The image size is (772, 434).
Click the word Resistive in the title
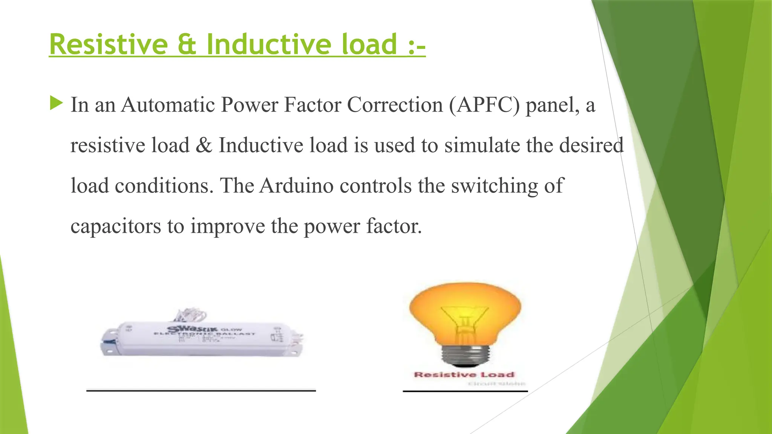109,44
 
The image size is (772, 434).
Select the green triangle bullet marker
56,103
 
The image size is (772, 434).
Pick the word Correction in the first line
395,105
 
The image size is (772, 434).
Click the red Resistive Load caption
464,375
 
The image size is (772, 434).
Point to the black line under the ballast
201,391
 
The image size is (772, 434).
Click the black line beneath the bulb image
465,391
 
